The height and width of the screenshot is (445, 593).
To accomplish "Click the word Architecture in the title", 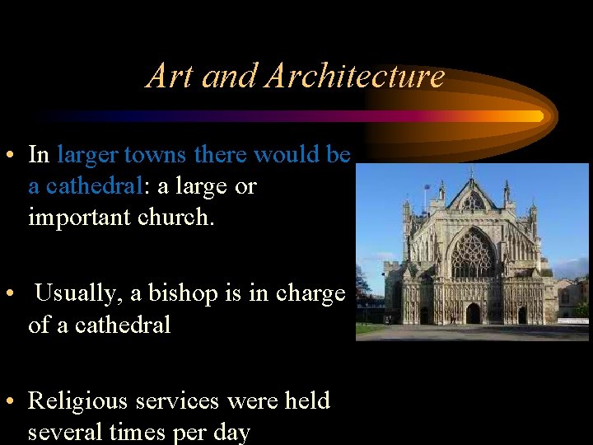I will [x=354, y=77].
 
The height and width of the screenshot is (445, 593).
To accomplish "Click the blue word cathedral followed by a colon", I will [x=94, y=186].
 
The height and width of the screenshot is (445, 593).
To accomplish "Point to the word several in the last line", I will [x=64, y=433].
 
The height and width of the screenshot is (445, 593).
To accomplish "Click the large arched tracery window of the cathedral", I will [x=473, y=255].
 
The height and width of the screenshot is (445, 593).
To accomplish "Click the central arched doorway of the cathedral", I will [x=473, y=314].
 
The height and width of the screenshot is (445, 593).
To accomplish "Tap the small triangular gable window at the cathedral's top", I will [x=473, y=201].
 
